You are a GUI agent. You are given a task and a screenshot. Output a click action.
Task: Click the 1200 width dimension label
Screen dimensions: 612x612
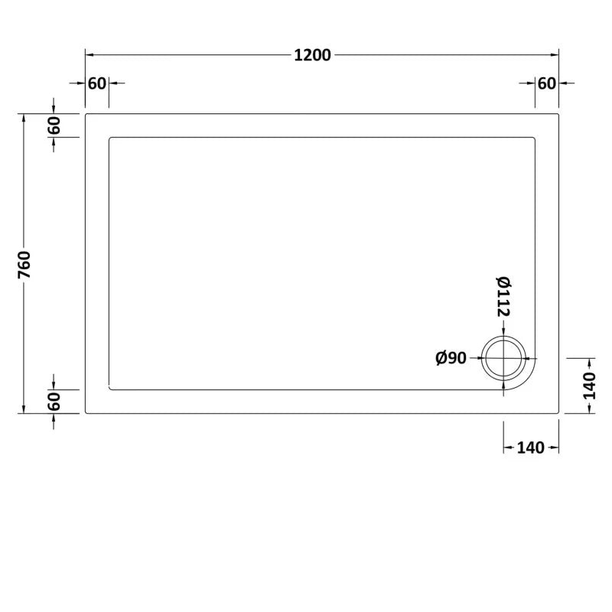tap(311, 55)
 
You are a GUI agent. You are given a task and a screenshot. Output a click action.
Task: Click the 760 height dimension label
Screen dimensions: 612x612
tap(24, 264)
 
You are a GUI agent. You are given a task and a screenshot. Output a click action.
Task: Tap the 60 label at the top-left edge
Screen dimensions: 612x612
tap(96, 83)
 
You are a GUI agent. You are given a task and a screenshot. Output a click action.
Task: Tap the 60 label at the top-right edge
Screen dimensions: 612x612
tap(546, 83)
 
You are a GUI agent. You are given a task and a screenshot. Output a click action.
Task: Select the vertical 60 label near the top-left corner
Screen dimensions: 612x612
tap(54, 125)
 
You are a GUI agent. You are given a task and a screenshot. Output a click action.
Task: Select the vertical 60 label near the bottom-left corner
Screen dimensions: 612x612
tap(54, 401)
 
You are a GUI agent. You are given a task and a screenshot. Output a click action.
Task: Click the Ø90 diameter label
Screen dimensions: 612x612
tap(451, 358)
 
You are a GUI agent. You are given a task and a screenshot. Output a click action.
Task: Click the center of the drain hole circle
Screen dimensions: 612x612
tap(503, 358)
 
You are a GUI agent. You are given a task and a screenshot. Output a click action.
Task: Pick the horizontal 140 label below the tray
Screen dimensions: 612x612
tap(530, 448)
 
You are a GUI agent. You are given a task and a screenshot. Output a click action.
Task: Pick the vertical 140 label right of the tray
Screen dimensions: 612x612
tap(588, 386)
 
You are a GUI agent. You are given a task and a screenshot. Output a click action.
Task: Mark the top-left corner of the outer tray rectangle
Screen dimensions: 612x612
tap(86, 114)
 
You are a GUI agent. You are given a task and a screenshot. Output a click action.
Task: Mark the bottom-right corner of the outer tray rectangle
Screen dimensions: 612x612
tap(559, 413)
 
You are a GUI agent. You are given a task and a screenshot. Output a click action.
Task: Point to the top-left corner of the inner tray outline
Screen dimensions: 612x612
tap(111, 138)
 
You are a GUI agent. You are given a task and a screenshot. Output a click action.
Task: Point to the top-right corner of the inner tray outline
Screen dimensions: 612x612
tap(533, 138)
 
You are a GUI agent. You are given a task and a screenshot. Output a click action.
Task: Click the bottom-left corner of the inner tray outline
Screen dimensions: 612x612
tap(111, 389)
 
